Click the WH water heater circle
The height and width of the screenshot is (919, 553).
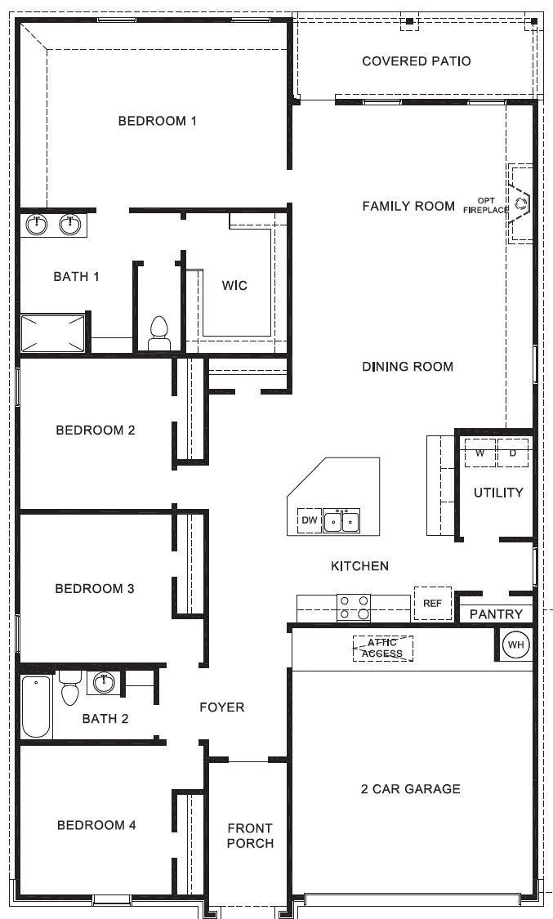click(515, 645)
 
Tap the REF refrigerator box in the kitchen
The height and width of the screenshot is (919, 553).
click(432, 604)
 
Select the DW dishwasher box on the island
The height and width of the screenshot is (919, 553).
click(310, 520)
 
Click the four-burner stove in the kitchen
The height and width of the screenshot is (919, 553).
click(354, 608)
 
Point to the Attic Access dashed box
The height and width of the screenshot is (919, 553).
click(383, 649)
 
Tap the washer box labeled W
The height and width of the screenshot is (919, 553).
click(480, 453)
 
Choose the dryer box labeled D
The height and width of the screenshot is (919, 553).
click(513, 453)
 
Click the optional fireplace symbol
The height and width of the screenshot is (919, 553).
click(520, 203)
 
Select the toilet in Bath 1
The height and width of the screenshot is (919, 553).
click(158, 333)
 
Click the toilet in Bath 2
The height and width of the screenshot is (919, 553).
click(69, 689)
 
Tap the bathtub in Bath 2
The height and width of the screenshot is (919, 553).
click(36, 706)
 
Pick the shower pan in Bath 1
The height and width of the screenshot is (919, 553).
click(53, 332)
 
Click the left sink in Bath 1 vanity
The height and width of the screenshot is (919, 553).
click(37, 223)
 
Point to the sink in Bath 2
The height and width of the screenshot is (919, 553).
click(104, 682)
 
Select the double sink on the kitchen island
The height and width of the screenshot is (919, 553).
click(341, 520)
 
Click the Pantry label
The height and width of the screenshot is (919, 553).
click(496, 613)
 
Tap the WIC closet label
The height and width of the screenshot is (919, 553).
click(234, 286)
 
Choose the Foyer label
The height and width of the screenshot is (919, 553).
click(221, 707)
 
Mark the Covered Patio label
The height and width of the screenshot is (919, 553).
click(417, 61)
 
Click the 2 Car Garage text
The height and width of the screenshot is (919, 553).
click(410, 788)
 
